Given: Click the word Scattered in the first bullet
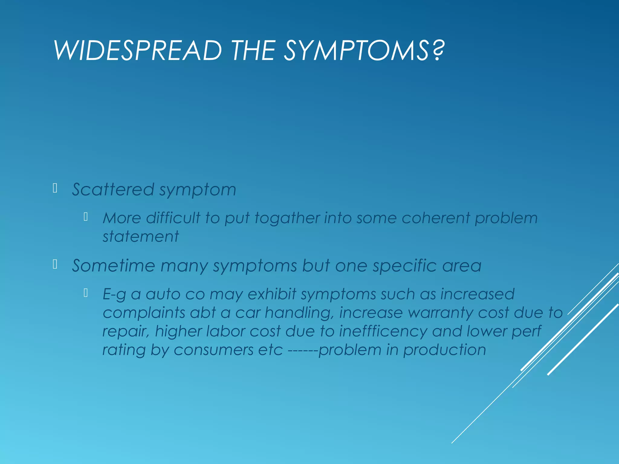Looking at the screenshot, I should click(x=113, y=190).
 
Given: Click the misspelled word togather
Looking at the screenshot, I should click(x=287, y=218).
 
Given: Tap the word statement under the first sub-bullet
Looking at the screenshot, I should click(x=141, y=236).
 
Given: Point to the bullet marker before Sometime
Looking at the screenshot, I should click(x=55, y=264).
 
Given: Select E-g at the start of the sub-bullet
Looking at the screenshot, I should click(x=114, y=294).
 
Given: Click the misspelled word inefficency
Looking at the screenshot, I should click(x=383, y=331).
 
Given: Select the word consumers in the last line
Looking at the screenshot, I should click(x=213, y=350).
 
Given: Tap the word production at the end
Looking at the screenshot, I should click(x=445, y=350).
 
